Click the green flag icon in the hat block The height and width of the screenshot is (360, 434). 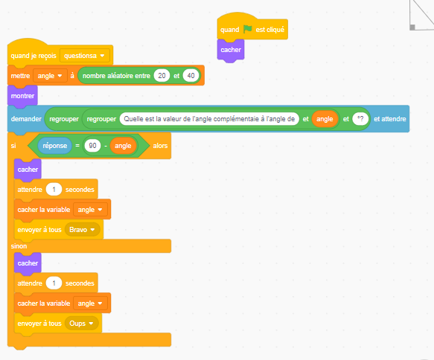coord(248,29)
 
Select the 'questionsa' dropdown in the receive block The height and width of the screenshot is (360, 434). coord(84,56)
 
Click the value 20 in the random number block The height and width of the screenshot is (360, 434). coord(162,75)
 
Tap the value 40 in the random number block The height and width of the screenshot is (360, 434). coord(191,75)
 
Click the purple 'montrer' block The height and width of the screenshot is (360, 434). coord(22,96)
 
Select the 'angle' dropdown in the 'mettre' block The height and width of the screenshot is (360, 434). coord(50,76)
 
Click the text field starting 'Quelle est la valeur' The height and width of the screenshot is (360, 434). coord(209,119)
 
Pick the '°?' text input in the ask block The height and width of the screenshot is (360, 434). coord(360,119)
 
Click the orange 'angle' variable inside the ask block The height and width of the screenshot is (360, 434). coord(325,119)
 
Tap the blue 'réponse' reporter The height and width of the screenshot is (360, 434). coord(55,146)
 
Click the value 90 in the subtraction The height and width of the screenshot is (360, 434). coord(93,146)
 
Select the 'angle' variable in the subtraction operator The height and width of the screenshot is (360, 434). coord(123,146)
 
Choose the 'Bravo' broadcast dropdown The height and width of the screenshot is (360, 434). coord(82,230)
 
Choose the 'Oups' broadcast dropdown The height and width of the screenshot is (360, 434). coord(81,324)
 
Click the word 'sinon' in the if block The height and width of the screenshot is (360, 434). coord(19,246)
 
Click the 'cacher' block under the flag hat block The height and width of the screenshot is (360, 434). coord(231,50)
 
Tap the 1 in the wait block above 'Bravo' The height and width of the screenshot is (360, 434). coord(54,190)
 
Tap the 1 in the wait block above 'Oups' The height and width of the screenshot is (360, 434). coord(54,283)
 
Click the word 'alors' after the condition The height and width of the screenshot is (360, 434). coord(160,146)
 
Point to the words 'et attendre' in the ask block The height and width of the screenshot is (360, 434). coord(390,119)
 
